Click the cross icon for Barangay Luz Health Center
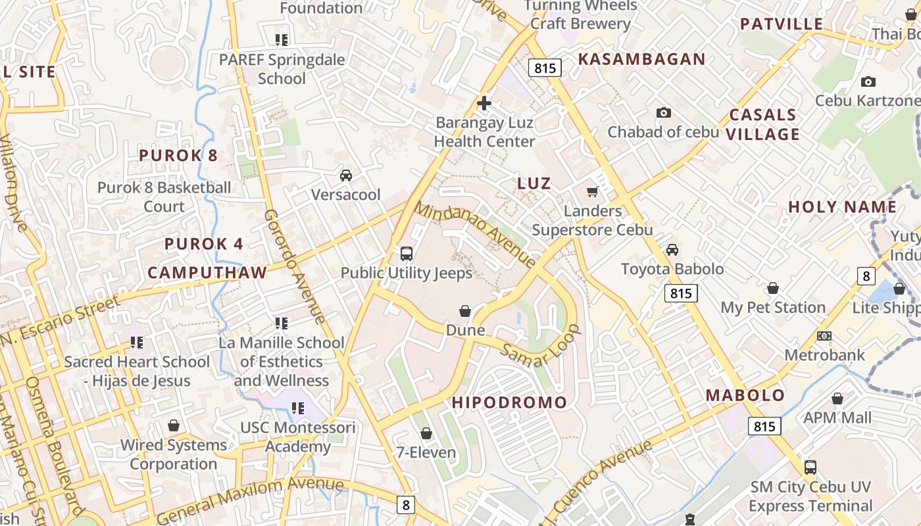click(x=484, y=103)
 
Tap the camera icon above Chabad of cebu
click(x=664, y=113)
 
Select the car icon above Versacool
click(x=345, y=176)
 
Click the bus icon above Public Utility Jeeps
click(x=407, y=253)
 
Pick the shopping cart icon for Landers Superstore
click(x=592, y=191)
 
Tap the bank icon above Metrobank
click(x=824, y=336)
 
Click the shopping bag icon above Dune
click(x=465, y=311)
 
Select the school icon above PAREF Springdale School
click(x=282, y=40)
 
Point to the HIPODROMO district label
click(x=509, y=402)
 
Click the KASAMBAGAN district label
click(x=641, y=59)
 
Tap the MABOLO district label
click(x=745, y=395)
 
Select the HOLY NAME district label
click(x=842, y=207)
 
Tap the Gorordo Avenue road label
click(x=295, y=267)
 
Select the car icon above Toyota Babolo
click(x=672, y=250)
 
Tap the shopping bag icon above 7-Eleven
click(x=426, y=433)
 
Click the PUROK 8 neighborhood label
click(x=178, y=156)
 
